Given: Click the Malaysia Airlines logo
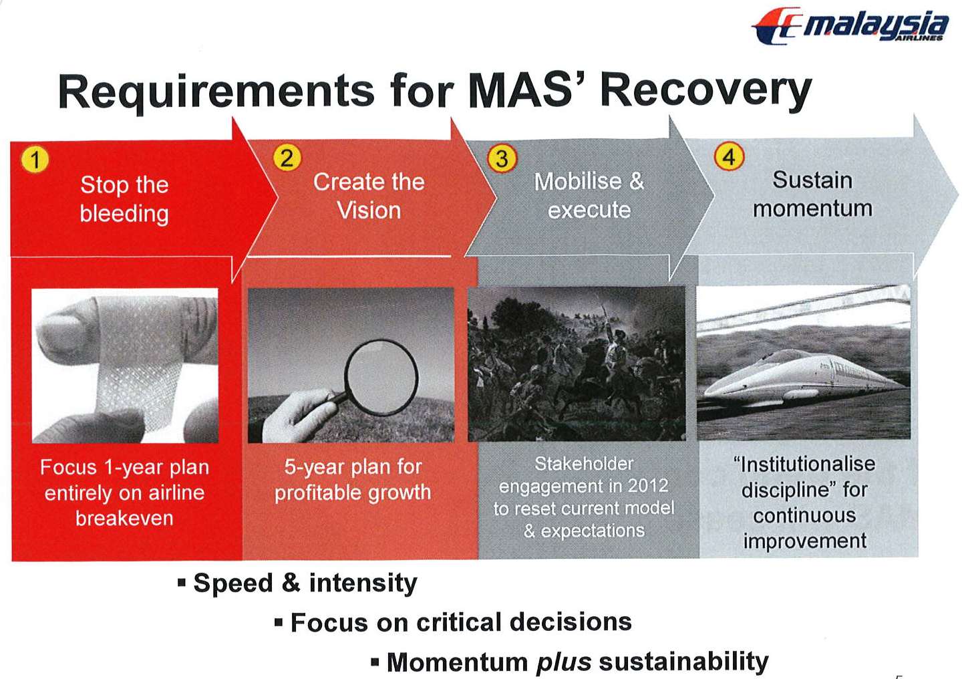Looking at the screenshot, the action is pos(850,26).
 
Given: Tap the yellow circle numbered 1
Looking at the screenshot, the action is pos(35,160).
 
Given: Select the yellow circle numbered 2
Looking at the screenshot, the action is pos(287,158).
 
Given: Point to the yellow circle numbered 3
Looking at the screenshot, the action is pos(502,159).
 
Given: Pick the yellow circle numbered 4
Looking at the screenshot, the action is pos(729,157).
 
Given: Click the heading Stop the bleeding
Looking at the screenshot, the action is pos(124,199).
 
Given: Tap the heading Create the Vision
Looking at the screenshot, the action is pos(369,196).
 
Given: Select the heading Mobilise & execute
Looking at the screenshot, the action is pos(589,195).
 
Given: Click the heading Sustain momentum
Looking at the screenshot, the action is pos(812,194).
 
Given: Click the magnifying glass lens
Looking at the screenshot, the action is pos(381,378).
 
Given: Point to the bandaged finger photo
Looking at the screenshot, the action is pos(125,366).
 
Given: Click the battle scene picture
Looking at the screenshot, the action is pos(577,364).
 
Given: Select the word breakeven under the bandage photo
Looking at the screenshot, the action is pos(124,519).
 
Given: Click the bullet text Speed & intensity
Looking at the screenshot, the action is pos(305,583).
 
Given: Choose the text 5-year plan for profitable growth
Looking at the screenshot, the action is pos(353,479).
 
